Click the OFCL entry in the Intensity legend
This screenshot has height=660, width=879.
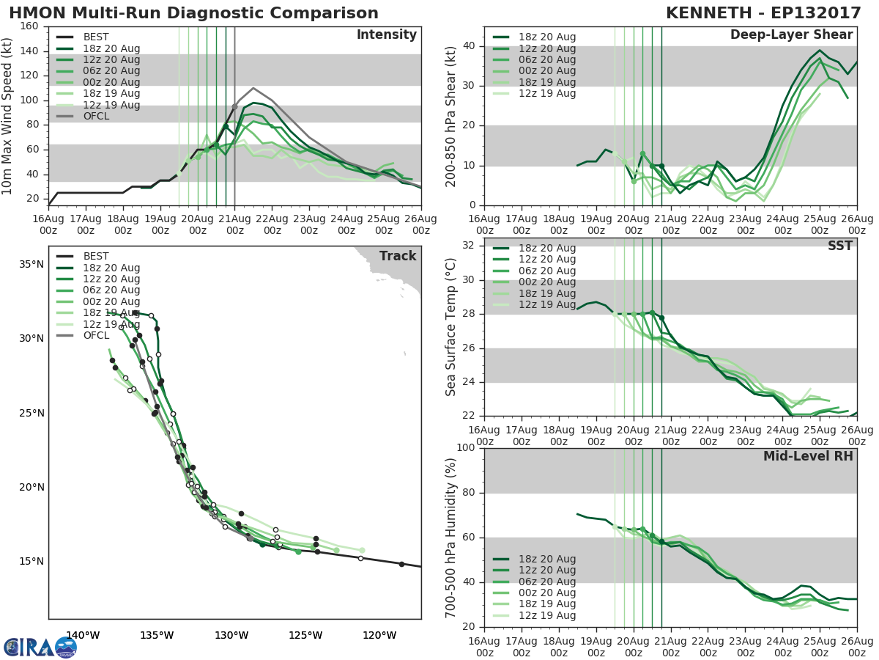tap(95, 116)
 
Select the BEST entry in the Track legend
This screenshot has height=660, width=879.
tap(95, 256)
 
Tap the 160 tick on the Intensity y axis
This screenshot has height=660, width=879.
tap(30, 26)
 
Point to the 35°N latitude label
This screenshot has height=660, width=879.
tap(31, 264)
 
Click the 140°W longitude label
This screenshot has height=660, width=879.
tap(83, 636)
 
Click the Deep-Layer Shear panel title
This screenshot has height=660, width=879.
tap(791, 35)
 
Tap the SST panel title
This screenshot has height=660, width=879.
tap(839, 246)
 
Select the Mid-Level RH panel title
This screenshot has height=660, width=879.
tap(808, 456)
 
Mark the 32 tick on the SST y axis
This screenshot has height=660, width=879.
tap(469, 246)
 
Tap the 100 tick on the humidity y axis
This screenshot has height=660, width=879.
tap(465, 448)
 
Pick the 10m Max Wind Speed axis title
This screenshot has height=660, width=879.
tap(8, 111)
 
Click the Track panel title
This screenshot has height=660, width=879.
tap(397, 256)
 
